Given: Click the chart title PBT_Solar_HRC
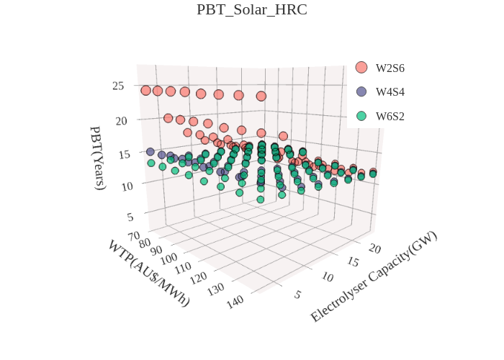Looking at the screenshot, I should click(251, 10).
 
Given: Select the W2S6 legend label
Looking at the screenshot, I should click(390, 68).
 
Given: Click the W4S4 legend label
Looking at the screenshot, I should click(390, 92).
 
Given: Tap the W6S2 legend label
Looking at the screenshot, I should click(390, 116).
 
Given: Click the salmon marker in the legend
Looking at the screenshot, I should click(361, 68).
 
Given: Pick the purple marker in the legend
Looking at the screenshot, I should click(361, 92).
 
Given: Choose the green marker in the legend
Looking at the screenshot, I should click(361, 116).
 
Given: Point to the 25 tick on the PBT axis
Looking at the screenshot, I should click(118, 86).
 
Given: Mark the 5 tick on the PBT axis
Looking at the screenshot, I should click(130, 217).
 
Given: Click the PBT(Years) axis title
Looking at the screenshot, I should click(98, 157).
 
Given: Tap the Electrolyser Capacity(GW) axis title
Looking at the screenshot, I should click(374, 276).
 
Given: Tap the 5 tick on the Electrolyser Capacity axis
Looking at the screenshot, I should click(297, 294).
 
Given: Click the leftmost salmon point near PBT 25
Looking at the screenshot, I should click(146, 90).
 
